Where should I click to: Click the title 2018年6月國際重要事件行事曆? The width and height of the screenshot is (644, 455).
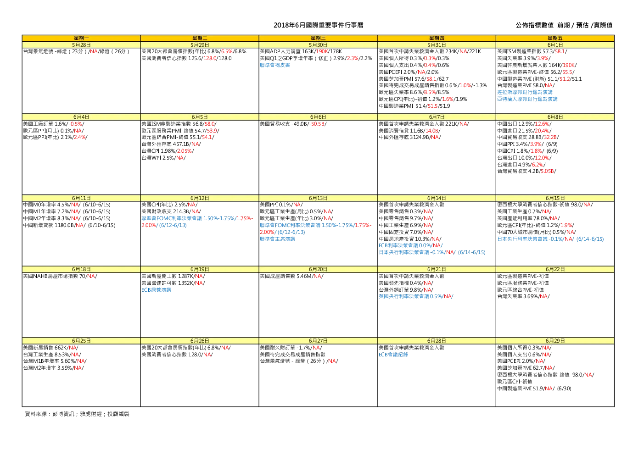click(318, 25)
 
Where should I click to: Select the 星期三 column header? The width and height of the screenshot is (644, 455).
click(318, 38)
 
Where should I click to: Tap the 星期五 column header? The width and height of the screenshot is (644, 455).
click(555, 38)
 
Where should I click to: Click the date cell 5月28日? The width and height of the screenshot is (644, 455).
click(81, 45)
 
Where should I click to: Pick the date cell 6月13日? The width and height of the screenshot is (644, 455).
click(318, 198)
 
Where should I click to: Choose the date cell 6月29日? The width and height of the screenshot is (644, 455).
click(555, 341)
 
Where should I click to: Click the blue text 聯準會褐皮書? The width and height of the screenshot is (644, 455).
click(275, 65)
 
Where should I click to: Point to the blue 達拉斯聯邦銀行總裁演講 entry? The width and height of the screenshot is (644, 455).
click(525, 92)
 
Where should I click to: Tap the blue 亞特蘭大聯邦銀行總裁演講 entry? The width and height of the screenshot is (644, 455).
click(527, 99)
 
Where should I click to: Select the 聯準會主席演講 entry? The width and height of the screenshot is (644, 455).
click(277, 239)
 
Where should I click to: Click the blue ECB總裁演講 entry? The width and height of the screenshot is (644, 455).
click(156, 290)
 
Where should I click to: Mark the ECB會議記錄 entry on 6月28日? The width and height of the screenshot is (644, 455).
click(393, 355)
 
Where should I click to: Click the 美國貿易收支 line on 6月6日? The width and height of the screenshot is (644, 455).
click(293, 124)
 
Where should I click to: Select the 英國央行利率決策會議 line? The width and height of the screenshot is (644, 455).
click(416, 296)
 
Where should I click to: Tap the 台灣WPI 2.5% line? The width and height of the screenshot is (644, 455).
click(163, 158)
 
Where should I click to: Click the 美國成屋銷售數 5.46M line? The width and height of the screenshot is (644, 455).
click(291, 276)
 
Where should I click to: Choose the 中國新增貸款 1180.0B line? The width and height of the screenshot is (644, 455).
click(69, 225)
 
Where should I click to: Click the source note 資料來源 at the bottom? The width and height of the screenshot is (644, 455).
click(77, 414)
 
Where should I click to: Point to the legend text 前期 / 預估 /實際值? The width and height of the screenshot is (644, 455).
click(584, 25)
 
